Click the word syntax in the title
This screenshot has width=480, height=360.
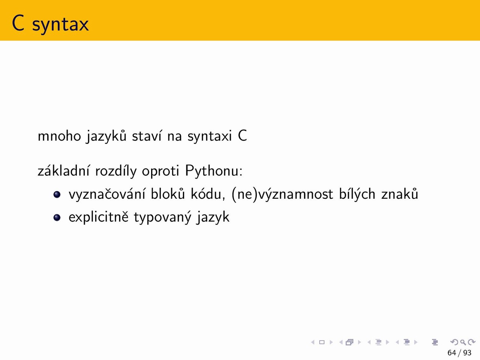[60, 25]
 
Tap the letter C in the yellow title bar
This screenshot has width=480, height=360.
[18, 23]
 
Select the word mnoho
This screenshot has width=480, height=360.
[59, 136]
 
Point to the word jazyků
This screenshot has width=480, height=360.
[106, 136]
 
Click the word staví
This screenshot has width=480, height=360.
[147, 136]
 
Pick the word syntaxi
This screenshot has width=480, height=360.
[210, 136]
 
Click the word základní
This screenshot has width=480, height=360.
[63, 171]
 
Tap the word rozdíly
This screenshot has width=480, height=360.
[116, 171]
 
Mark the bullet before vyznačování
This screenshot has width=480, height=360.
[57, 194]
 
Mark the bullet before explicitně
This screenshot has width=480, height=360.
[57, 217]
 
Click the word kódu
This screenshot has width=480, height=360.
[208, 193]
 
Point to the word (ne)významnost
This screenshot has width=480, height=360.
[282, 194]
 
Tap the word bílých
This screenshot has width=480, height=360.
[357, 194]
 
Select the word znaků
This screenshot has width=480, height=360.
[400, 193]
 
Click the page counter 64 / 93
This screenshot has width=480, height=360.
[459, 353]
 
